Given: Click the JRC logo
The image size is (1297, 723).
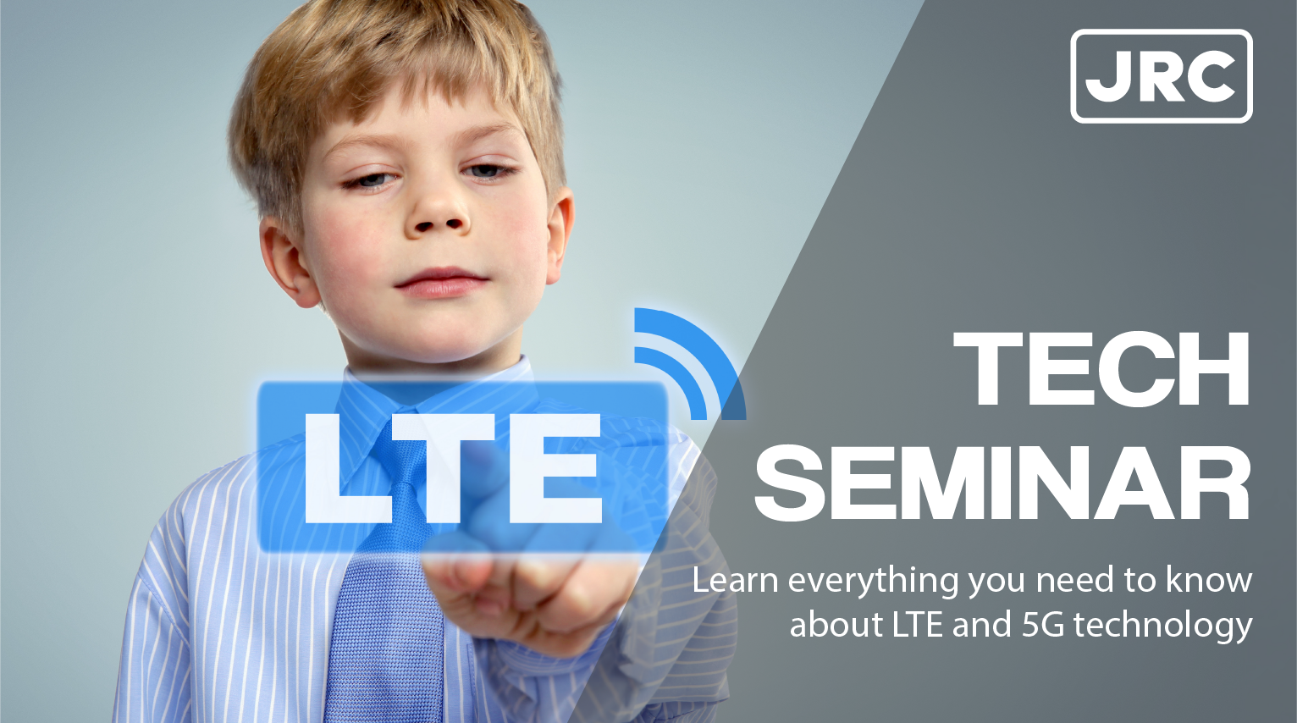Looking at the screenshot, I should coord(1161,76).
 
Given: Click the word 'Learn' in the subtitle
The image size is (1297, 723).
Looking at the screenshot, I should coord(735,581).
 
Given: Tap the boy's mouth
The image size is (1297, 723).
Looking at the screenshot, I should coord(440,282).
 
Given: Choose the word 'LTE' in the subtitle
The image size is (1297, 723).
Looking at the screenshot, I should coord(918,625).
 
